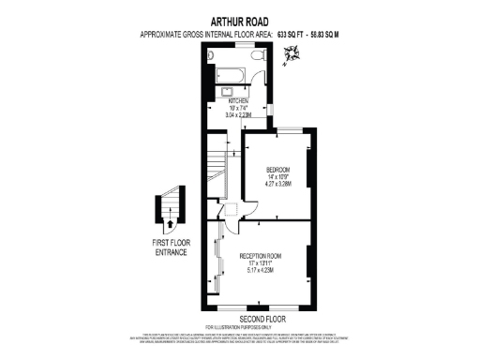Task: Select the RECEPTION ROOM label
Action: pyautogui.click(x=262, y=255)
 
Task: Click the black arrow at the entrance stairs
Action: pyautogui.click(x=170, y=224)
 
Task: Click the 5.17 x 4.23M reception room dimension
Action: pyautogui.click(x=262, y=271)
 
